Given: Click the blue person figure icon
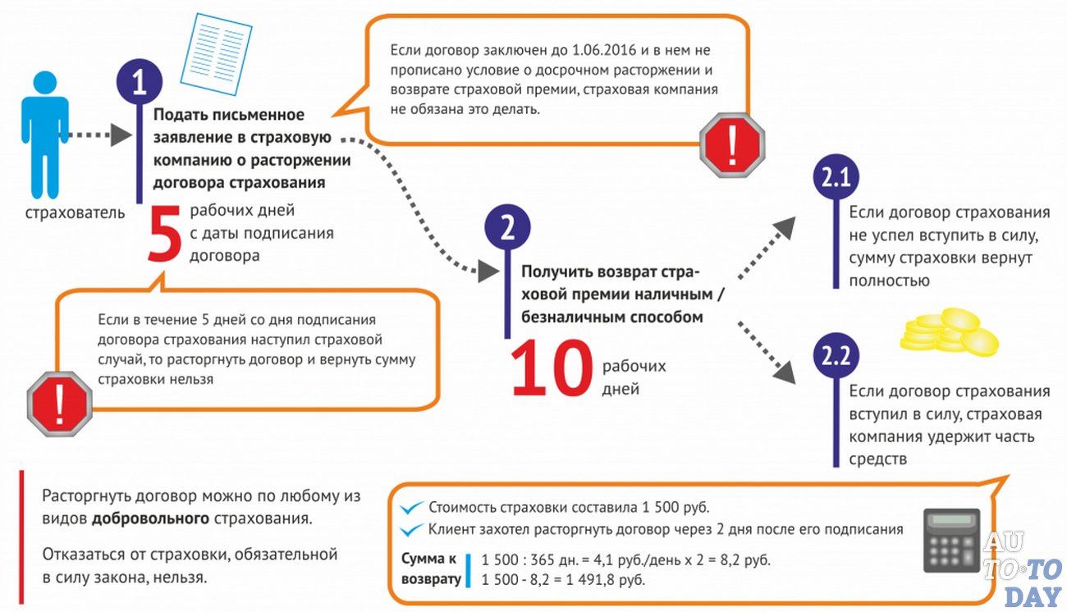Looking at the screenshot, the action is (45, 135).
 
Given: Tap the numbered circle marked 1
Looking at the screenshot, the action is (139, 82).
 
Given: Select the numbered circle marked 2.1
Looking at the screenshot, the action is (836, 177).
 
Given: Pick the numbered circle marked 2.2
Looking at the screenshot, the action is (836, 356).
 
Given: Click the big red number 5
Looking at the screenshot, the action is (164, 234).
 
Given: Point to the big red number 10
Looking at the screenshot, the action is (552, 368).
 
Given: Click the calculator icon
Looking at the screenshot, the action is (951, 541).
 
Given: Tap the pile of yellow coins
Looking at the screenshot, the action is (949, 332).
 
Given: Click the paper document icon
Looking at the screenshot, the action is (216, 54).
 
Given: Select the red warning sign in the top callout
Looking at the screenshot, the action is (732, 145).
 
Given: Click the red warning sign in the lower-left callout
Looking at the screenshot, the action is (60, 404).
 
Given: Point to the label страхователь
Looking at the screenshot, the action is (75, 212).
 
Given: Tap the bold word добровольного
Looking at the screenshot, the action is (150, 518).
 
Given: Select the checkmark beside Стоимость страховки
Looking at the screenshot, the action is (411, 508).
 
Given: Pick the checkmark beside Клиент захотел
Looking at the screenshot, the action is (411, 530).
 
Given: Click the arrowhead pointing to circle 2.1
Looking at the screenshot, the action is (785, 227).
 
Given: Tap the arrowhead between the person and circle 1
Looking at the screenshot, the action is (121, 135).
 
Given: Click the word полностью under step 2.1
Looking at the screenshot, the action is (889, 281).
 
